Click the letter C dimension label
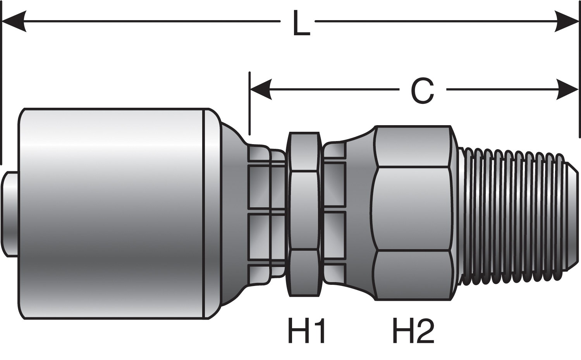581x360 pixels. (x=422, y=91)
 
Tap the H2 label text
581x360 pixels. (x=413, y=330)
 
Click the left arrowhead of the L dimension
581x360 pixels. (x=14, y=21)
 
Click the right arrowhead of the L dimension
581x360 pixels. (x=567, y=21)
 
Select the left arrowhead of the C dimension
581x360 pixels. (x=261, y=90)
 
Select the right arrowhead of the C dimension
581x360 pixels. (x=567, y=90)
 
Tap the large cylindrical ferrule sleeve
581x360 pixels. (x=112, y=213)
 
